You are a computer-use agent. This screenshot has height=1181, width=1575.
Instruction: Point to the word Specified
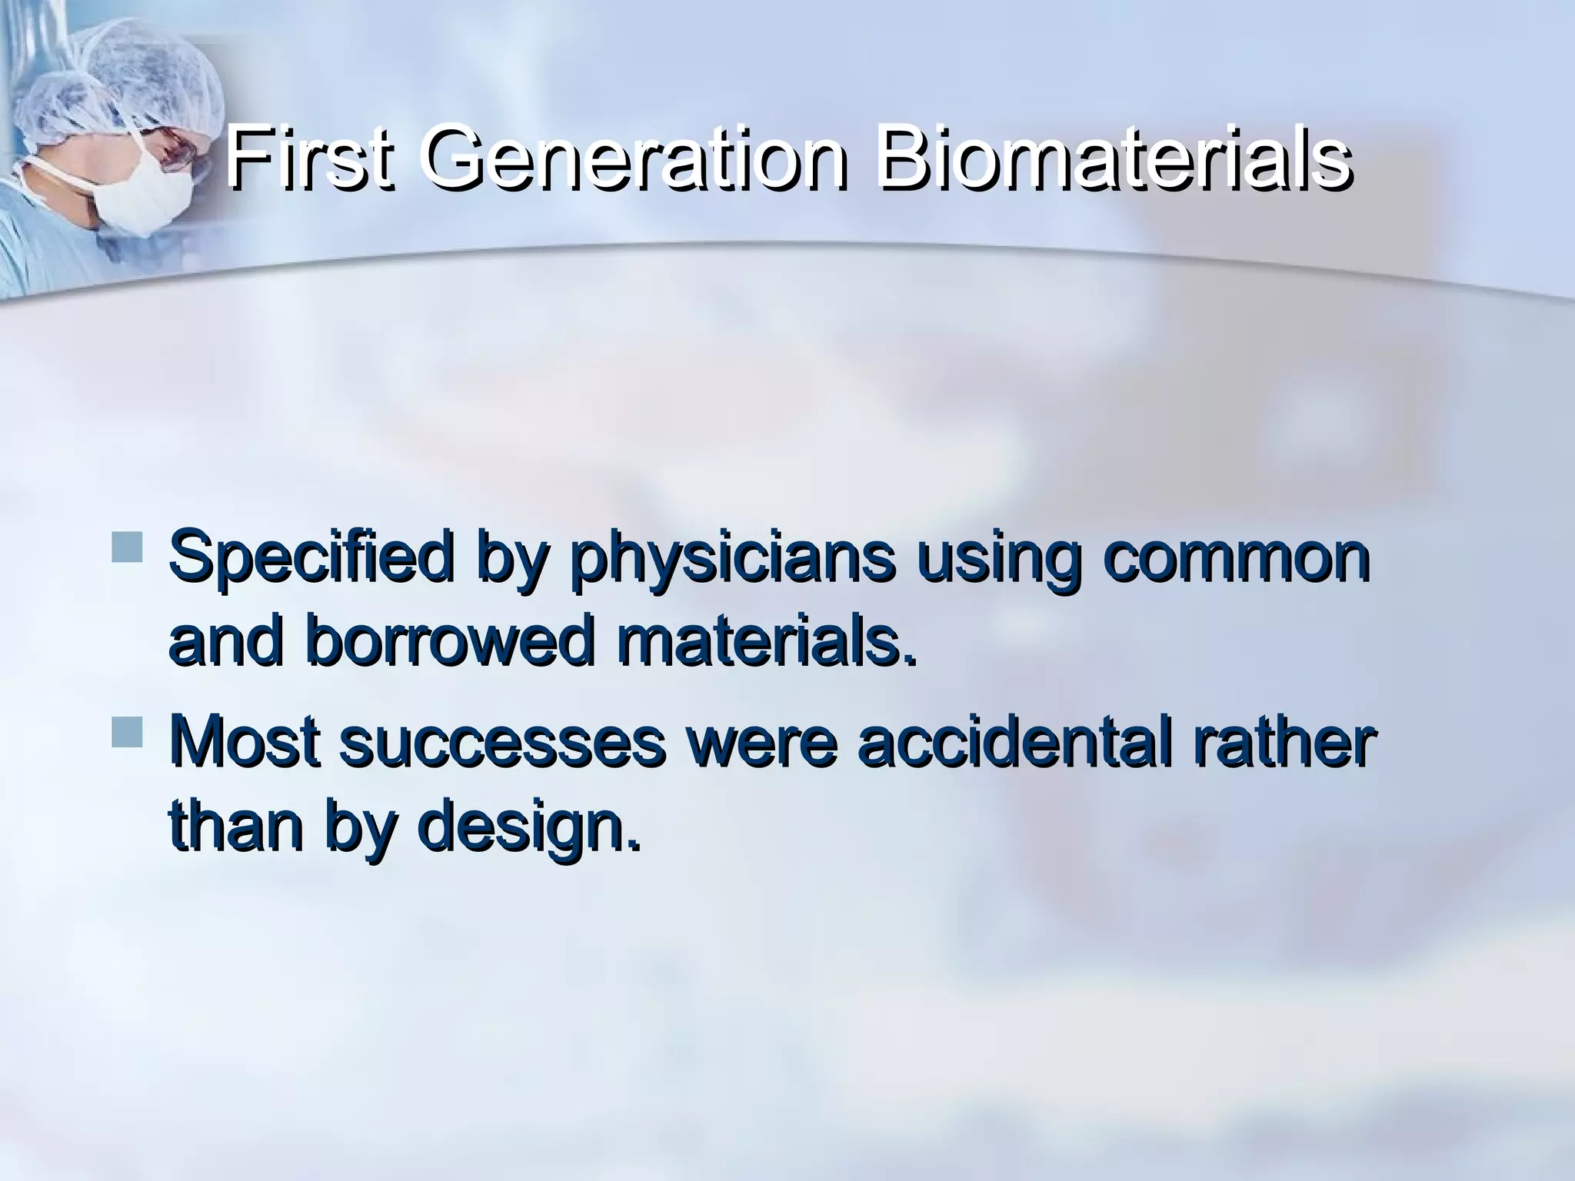[x=308, y=559]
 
